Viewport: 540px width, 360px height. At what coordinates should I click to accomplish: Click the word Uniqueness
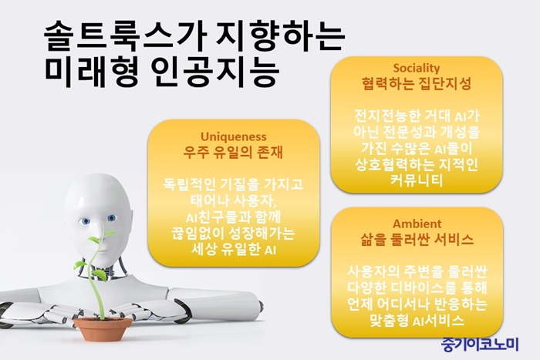[234, 136]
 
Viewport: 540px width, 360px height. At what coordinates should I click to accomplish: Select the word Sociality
[417, 68]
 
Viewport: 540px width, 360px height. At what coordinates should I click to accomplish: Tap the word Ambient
[417, 224]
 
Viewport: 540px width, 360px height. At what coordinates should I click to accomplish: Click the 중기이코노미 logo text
[480, 344]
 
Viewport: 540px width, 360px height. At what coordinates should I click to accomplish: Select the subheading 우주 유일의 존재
[233, 152]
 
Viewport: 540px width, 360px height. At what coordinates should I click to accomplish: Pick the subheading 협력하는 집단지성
[417, 83]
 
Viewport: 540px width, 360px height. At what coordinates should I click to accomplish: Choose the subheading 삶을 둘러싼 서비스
[417, 239]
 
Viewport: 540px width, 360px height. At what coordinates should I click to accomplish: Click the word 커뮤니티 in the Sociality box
[417, 180]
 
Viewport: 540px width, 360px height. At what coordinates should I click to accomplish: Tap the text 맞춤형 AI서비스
[417, 321]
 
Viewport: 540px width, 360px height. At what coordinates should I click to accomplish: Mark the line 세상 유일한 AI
[234, 250]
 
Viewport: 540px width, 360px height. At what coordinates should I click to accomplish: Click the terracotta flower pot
[103, 328]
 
